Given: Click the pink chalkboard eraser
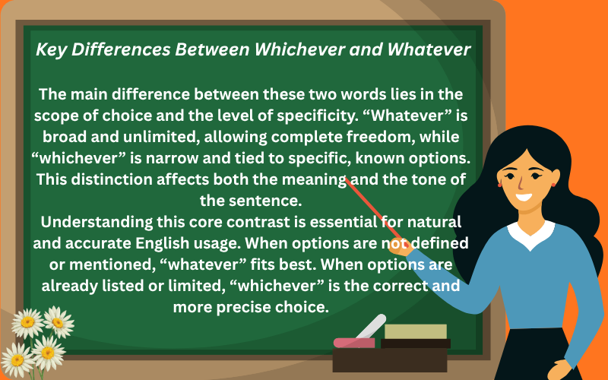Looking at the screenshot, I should [354, 342].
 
